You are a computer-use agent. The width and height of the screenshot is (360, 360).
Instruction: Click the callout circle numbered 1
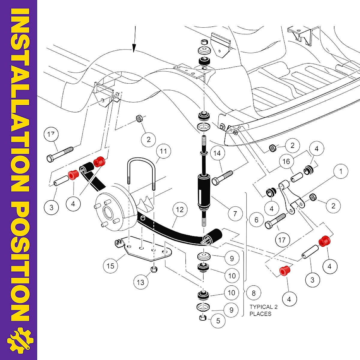pos(340,171)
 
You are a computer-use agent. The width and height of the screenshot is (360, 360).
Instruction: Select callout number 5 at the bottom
pos(218,321)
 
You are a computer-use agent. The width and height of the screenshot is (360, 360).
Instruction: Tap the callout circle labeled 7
pos(235,213)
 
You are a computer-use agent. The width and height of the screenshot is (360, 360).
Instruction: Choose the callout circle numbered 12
pos(179,209)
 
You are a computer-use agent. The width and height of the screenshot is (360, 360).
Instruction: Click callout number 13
pos(140,282)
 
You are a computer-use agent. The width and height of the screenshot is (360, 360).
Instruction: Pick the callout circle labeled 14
pos(217,153)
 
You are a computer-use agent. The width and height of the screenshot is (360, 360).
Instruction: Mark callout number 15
pos(110,266)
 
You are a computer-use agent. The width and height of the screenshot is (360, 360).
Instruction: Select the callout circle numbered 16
pos(286,161)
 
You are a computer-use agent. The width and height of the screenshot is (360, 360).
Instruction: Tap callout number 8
pos(253,293)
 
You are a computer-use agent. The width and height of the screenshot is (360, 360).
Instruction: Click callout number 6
pos(256,220)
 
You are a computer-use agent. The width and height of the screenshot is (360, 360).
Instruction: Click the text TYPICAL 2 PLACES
pos(263,310)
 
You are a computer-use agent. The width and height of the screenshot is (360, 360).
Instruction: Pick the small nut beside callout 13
pos(154,269)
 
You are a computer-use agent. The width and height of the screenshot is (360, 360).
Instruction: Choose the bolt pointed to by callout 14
pos(222,177)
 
